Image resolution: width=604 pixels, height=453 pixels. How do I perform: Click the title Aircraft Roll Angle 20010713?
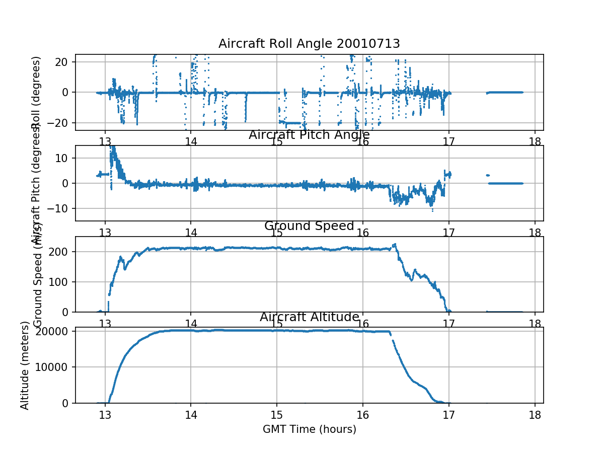pyautogui.click(x=309, y=44)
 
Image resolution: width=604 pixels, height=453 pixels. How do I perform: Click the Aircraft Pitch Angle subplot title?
pyautogui.click(x=309, y=135)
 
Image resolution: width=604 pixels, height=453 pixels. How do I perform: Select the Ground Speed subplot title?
pyautogui.click(x=309, y=226)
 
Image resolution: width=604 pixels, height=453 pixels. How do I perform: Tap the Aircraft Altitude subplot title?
pyautogui.click(x=309, y=317)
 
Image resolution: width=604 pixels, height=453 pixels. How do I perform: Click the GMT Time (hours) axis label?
pyautogui.click(x=309, y=429)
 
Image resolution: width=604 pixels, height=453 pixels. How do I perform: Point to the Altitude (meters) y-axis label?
pyautogui.click(x=25, y=365)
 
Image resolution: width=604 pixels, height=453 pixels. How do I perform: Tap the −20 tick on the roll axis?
pyautogui.click(x=59, y=123)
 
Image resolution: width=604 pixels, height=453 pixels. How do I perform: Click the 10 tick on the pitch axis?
pyautogui.click(x=64, y=158)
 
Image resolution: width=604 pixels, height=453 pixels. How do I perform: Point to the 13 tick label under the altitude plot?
pyautogui.click(x=105, y=414)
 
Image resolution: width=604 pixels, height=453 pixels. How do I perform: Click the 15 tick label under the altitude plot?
pyautogui.click(x=277, y=414)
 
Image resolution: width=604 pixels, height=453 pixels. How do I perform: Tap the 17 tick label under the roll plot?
pyautogui.click(x=448, y=141)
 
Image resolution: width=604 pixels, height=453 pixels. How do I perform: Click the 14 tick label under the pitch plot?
pyautogui.click(x=191, y=232)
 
